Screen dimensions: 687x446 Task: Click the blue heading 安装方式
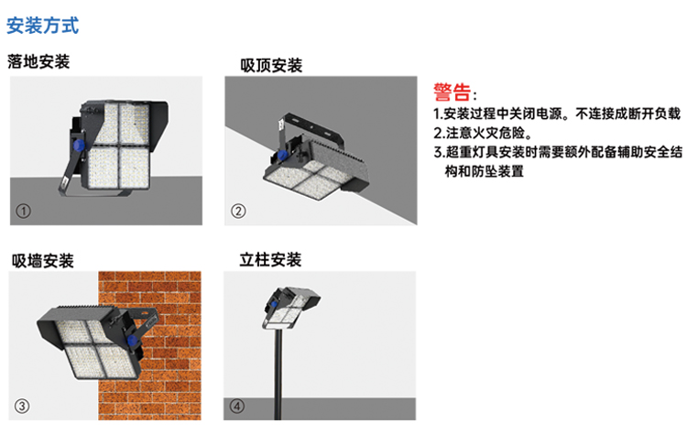[x=42, y=26]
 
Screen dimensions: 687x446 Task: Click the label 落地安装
[x=38, y=61]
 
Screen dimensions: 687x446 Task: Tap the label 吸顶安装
[x=271, y=65]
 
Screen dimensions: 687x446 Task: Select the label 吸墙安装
[x=42, y=261]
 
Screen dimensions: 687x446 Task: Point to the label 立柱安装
[x=270, y=260]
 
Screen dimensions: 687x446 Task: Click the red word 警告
[x=453, y=92]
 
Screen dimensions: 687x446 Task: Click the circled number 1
[x=23, y=212]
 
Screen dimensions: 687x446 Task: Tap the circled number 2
[x=238, y=212]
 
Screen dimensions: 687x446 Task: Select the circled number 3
[x=22, y=406]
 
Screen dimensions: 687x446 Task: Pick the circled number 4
[x=237, y=406]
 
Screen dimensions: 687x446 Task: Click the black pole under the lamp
[x=278, y=374]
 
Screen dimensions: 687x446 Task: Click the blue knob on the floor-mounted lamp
[x=79, y=146]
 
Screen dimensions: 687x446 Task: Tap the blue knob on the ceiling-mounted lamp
[x=282, y=155]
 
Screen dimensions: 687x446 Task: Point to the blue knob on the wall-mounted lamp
[x=131, y=341]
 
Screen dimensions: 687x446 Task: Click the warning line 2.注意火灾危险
[x=483, y=133]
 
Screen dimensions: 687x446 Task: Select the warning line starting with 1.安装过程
[x=557, y=114]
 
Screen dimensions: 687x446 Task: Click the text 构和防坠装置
[x=485, y=171]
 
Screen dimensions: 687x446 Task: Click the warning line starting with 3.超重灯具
[x=558, y=152]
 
